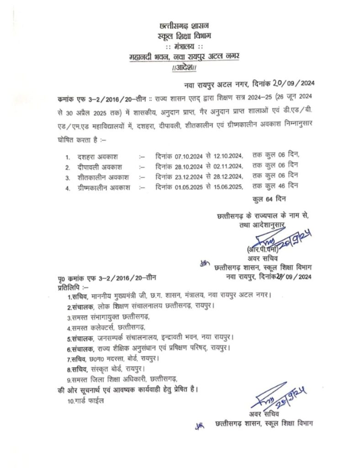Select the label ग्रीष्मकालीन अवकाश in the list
(x=104, y=186)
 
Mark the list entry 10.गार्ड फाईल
(x=85, y=401)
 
